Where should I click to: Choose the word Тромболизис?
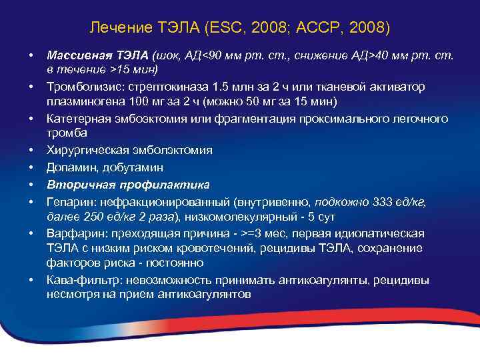(81, 87)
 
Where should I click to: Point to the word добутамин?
(129, 167)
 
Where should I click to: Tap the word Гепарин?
(67, 201)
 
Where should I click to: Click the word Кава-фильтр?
(78, 279)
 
